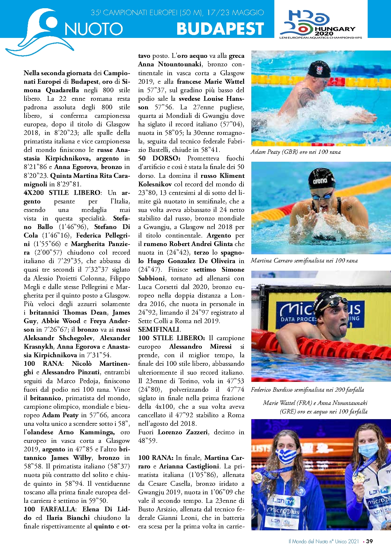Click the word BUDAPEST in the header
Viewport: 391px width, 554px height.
tap(220, 29)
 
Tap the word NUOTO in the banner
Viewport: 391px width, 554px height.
tap(94, 29)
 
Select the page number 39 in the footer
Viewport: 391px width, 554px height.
tap(370, 541)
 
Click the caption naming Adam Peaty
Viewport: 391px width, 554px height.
tap(295, 152)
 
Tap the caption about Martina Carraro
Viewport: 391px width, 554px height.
tap(304, 261)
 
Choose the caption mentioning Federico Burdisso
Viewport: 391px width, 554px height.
tap(307, 390)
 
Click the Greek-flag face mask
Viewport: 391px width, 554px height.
tap(286, 456)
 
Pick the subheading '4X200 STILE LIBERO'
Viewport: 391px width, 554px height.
tap(62, 193)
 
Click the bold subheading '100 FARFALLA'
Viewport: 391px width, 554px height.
tap(50, 509)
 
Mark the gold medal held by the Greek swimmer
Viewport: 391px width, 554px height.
tap(257, 477)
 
